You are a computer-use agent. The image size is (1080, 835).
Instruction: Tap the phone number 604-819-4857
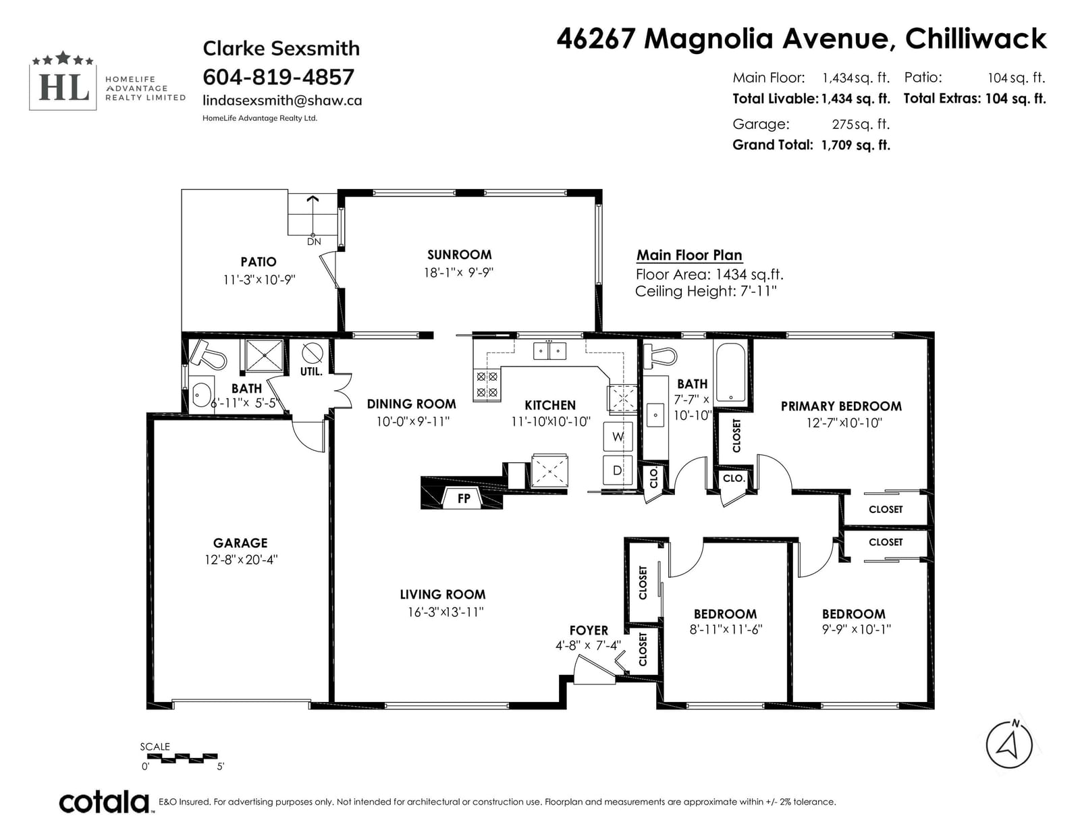click(x=278, y=77)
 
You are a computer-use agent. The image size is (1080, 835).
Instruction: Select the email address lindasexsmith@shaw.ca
click(x=282, y=101)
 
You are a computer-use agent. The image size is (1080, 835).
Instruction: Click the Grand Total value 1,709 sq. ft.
click(x=855, y=145)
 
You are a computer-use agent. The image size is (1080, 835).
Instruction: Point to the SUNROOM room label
click(x=459, y=254)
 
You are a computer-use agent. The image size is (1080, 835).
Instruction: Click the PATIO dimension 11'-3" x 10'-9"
click(x=259, y=280)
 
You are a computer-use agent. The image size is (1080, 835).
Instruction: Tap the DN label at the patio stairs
click(x=314, y=242)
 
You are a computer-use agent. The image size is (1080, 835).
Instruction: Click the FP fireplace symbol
click(x=463, y=498)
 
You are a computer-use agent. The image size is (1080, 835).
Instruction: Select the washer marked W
click(x=618, y=436)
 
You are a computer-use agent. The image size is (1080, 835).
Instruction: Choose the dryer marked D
click(x=618, y=470)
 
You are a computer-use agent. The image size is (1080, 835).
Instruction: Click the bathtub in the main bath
click(x=730, y=372)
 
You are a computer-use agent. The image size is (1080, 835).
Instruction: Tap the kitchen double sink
click(x=549, y=351)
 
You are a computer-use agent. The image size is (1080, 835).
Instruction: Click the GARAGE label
click(x=240, y=543)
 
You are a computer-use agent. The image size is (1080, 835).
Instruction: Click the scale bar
click(x=182, y=759)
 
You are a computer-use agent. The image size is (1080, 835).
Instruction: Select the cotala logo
click(x=105, y=801)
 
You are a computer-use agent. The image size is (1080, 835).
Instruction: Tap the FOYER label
click(x=589, y=630)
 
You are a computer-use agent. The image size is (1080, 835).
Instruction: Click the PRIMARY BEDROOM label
click(x=841, y=406)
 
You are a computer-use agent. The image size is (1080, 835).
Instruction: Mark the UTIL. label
click(x=311, y=371)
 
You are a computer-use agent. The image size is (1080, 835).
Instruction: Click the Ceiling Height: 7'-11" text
click(x=706, y=291)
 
